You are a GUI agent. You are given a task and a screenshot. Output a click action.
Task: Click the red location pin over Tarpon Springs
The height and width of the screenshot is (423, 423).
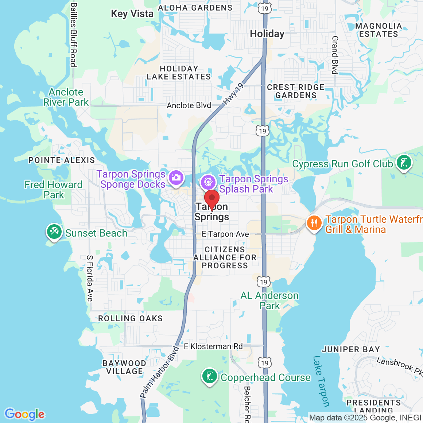point(211,199)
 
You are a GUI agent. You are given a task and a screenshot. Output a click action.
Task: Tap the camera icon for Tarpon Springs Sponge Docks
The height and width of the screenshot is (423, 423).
point(176,178)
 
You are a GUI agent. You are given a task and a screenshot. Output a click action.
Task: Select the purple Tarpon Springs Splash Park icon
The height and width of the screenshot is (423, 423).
point(208,182)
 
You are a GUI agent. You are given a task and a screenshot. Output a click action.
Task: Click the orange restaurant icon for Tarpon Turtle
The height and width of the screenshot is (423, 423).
point(314,223)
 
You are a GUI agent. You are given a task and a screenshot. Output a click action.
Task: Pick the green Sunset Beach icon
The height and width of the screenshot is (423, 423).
point(54,232)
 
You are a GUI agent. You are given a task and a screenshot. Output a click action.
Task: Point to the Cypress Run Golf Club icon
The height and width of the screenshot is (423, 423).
point(404,162)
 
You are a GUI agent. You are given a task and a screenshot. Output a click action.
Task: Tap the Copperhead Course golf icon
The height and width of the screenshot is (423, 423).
point(210,376)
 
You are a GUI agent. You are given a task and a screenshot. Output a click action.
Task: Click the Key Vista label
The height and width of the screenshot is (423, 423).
point(132,14)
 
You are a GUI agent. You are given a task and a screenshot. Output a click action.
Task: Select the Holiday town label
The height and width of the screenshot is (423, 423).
point(267,34)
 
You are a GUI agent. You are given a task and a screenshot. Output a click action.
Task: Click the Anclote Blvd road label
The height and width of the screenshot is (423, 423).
point(189,105)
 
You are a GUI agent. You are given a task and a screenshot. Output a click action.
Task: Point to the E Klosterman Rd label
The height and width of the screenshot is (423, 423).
point(213,346)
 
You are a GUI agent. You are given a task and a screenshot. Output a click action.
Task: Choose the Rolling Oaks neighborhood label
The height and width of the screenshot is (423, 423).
point(130,318)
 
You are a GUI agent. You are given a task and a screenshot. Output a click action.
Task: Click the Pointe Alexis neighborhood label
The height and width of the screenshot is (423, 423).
point(62,160)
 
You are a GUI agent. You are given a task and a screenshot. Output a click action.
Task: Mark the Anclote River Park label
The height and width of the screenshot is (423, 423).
point(66,97)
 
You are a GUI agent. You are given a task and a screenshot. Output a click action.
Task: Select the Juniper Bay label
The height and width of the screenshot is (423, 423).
point(351,349)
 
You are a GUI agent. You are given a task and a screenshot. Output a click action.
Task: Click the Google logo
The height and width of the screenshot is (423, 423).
point(24,414)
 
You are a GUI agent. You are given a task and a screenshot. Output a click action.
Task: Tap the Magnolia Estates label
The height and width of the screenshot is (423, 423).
point(379,30)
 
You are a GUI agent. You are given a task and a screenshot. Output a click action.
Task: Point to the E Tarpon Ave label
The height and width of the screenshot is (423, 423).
point(225,234)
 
